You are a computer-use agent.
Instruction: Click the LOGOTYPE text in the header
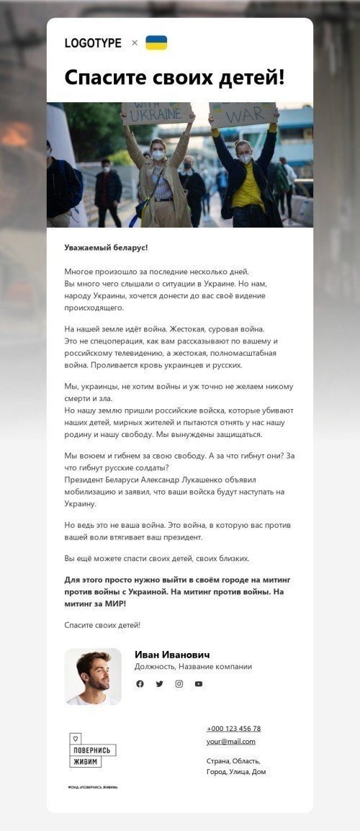point(93,43)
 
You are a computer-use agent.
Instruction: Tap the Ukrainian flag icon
point(156,42)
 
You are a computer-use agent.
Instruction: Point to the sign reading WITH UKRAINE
point(156,112)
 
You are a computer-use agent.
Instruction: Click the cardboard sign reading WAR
point(242,114)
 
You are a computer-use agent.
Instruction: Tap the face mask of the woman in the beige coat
point(158,155)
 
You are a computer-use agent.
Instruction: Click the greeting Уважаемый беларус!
point(106,248)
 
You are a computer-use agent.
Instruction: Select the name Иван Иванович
point(172,655)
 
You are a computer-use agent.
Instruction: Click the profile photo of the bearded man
point(93,676)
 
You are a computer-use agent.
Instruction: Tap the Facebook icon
point(140,683)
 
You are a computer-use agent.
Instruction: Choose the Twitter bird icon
point(159,683)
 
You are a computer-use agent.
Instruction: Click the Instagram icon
point(179,683)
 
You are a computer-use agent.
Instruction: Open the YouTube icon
point(198,683)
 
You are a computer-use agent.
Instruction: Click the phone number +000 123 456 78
point(233,728)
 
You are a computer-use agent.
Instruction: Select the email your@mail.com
point(230,741)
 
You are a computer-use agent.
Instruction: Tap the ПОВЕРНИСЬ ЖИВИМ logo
point(93,750)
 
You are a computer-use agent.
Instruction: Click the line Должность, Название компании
point(193,667)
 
